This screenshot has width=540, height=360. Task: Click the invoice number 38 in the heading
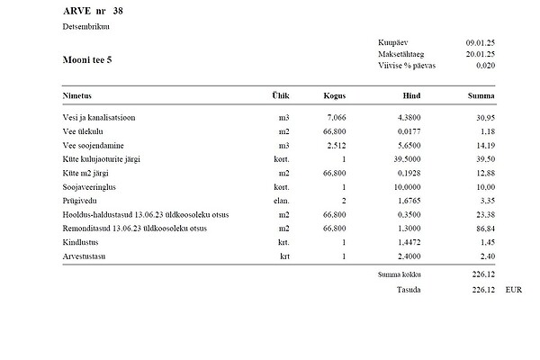[x=119, y=11]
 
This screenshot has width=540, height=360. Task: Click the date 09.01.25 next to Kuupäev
[x=481, y=43]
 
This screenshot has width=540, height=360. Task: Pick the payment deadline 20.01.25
[x=481, y=55]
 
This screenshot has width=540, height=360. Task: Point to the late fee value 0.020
[x=485, y=66]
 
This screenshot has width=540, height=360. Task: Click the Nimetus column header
[x=78, y=94]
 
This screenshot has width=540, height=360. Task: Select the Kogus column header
[x=335, y=94]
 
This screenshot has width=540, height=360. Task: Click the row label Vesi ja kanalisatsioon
[x=100, y=117]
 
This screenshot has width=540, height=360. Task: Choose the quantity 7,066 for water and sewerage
[x=337, y=117]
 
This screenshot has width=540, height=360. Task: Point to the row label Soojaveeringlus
[x=89, y=186]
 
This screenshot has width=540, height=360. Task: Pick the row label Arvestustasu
[x=84, y=256]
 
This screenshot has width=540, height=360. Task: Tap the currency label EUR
[x=513, y=290]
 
